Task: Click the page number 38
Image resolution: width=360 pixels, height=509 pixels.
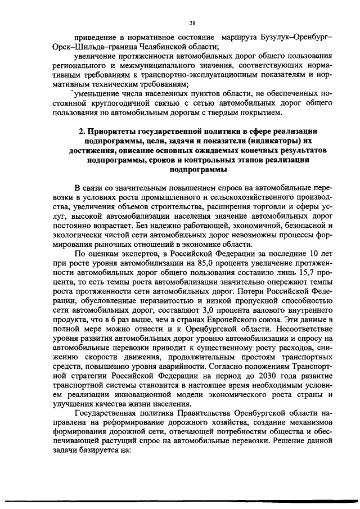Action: coord(192,23)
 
